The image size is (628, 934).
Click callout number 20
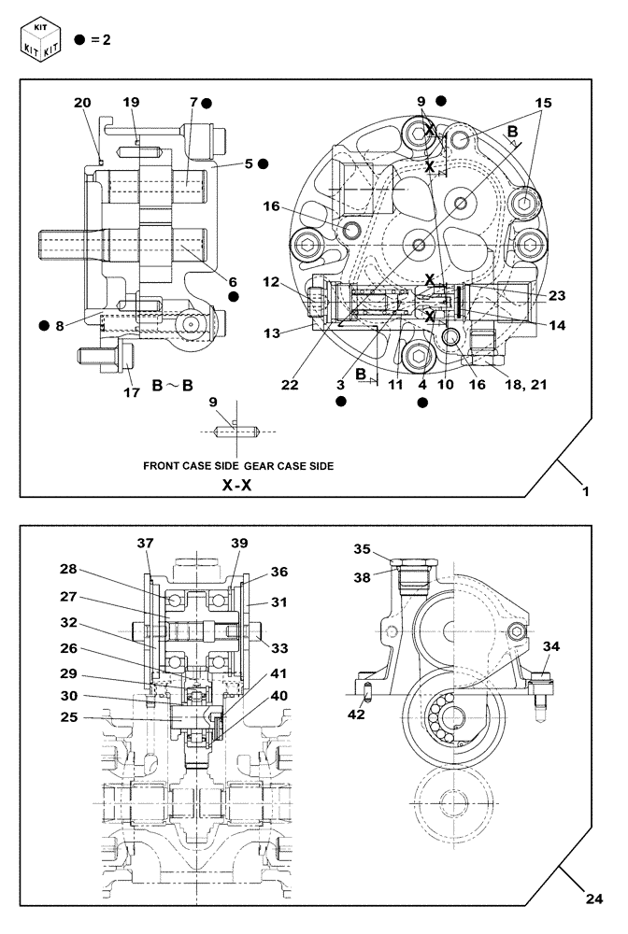(83, 103)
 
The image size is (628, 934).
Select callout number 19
(130, 102)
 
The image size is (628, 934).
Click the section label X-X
(238, 486)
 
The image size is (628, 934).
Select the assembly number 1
(585, 490)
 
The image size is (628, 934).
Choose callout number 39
(238, 544)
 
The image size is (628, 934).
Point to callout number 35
(362, 549)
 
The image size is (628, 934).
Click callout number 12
(272, 280)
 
